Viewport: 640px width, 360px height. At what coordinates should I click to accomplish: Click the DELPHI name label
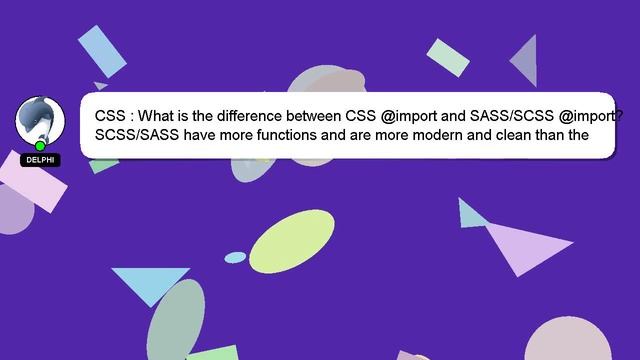click(40, 160)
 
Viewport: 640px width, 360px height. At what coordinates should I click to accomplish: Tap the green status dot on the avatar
click(40, 146)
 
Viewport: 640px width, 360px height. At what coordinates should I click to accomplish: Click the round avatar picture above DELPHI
click(40, 119)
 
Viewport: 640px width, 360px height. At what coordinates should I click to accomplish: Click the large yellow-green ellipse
click(291, 241)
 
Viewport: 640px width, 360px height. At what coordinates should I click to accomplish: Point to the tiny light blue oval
click(235, 257)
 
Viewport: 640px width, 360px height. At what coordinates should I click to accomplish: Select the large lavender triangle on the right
click(524, 246)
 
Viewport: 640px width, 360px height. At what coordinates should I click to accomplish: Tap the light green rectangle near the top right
click(448, 57)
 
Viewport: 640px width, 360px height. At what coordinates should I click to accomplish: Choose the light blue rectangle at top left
click(102, 50)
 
